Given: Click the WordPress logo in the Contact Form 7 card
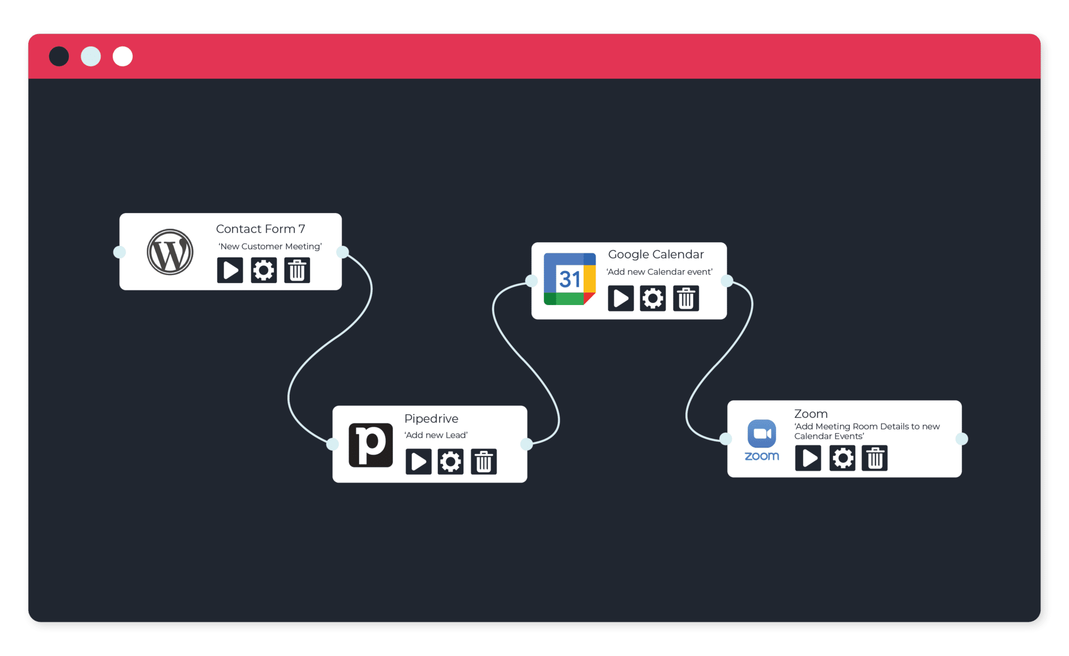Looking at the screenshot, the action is [170, 252].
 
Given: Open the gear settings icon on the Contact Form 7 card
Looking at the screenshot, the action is [264, 270].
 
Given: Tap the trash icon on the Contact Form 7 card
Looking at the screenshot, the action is [297, 270].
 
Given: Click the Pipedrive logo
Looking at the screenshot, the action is [371, 445].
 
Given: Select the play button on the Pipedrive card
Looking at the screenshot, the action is [419, 461].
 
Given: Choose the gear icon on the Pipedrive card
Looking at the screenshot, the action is [450, 461].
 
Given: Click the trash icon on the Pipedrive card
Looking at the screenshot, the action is [484, 461].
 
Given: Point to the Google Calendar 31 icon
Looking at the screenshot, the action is [569, 279].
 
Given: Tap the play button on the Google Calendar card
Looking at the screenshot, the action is [621, 298].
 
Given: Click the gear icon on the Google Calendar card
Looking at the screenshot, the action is [653, 298].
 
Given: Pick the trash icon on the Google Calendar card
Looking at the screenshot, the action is [686, 298].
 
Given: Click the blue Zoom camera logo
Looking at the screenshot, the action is [762, 434].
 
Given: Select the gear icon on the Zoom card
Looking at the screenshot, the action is [842, 458].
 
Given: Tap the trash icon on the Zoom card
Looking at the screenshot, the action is [875, 458].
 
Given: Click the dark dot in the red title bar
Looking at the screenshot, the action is [59, 56].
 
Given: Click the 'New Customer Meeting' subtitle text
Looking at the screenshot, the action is [270, 247].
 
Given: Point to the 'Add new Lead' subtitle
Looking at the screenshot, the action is [436, 435].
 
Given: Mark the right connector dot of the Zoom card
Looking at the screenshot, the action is [961, 439].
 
